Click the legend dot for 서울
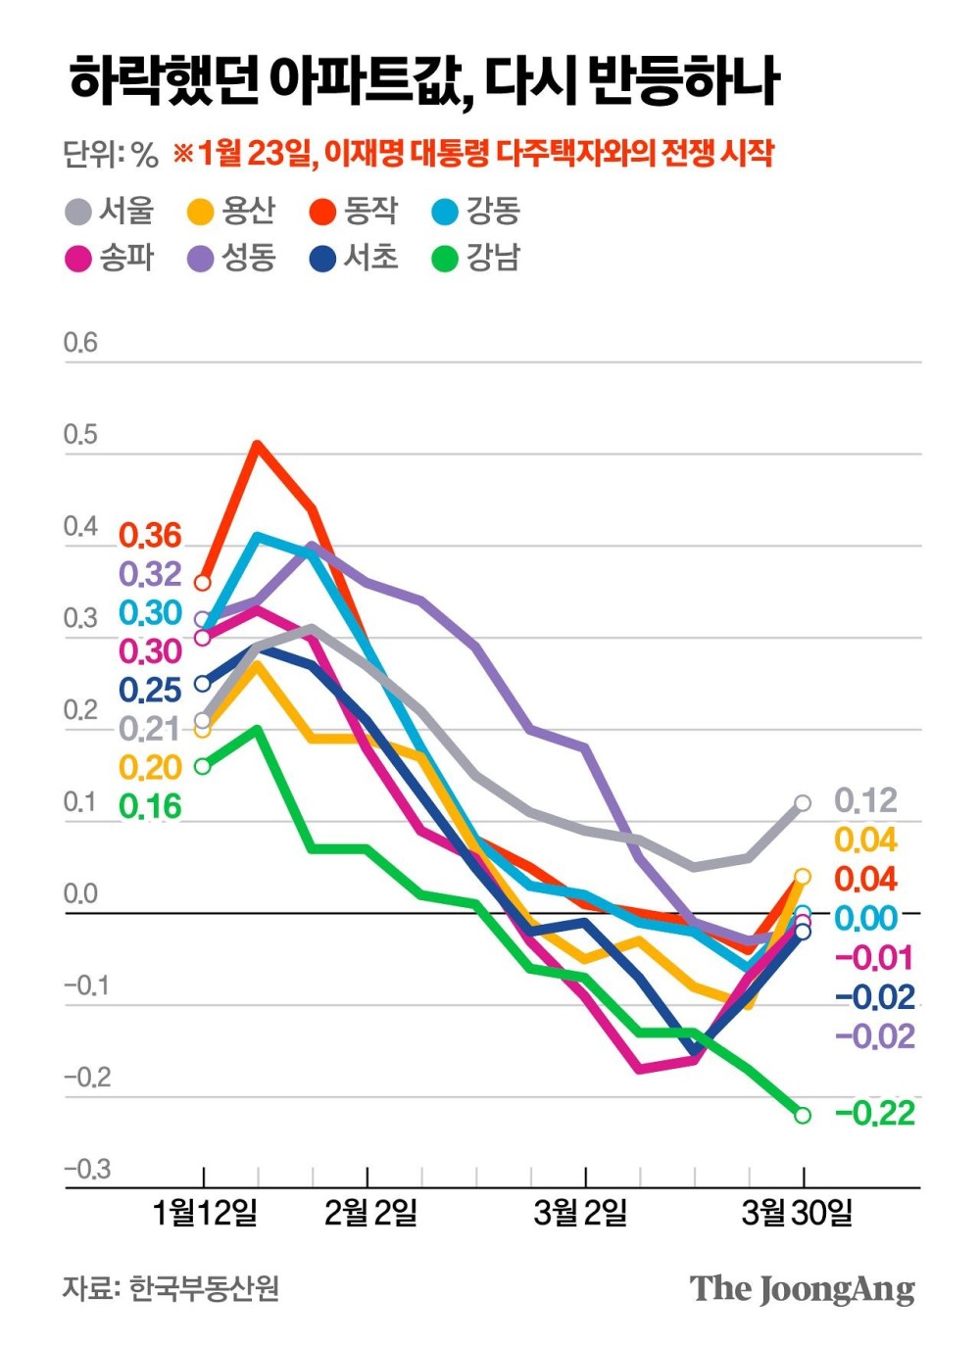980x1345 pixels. point(78,212)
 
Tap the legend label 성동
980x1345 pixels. point(248,258)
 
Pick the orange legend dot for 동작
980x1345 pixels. point(323,212)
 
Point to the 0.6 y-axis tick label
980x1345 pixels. point(80,343)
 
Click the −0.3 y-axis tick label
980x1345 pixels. point(87,1169)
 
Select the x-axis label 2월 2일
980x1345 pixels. point(370,1213)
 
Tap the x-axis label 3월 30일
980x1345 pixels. point(797,1213)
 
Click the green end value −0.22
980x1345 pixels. point(875,1114)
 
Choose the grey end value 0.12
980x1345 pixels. point(865,801)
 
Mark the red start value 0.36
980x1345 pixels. point(150,536)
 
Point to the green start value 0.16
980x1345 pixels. point(150,806)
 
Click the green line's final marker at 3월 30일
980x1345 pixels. point(803,1115)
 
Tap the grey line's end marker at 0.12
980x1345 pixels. point(803,803)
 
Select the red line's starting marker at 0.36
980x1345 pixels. point(203,583)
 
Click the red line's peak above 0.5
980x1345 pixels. point(258,444)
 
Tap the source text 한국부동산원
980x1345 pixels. point(204,1287)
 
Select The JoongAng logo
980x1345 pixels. point(802,1289)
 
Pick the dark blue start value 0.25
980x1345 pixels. point(150,691)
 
